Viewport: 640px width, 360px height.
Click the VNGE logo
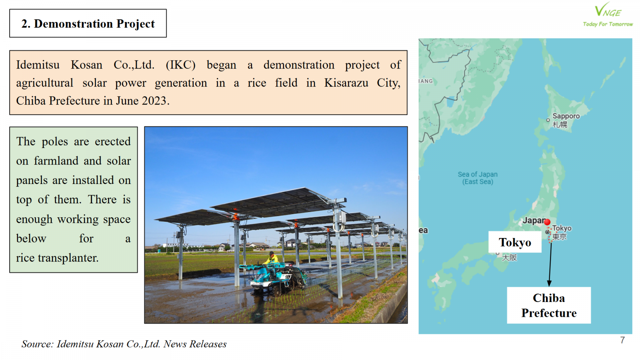point(608,14)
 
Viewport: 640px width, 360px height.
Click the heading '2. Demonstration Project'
point(88,24)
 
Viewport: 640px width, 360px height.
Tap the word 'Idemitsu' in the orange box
point(38,65)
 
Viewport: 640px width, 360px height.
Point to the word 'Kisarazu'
point(346,83)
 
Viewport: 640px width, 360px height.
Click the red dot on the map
point(547,222)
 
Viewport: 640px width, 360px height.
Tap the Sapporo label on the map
point(566,116)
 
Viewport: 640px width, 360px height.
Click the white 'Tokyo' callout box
point(515,242)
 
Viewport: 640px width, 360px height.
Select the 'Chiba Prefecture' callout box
point(549,305)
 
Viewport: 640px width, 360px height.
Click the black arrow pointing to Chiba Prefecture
point(550,264)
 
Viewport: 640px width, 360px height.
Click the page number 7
point(622,340)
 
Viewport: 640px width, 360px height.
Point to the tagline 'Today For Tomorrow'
point(608,24)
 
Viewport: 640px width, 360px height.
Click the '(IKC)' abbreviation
point(180,65)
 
